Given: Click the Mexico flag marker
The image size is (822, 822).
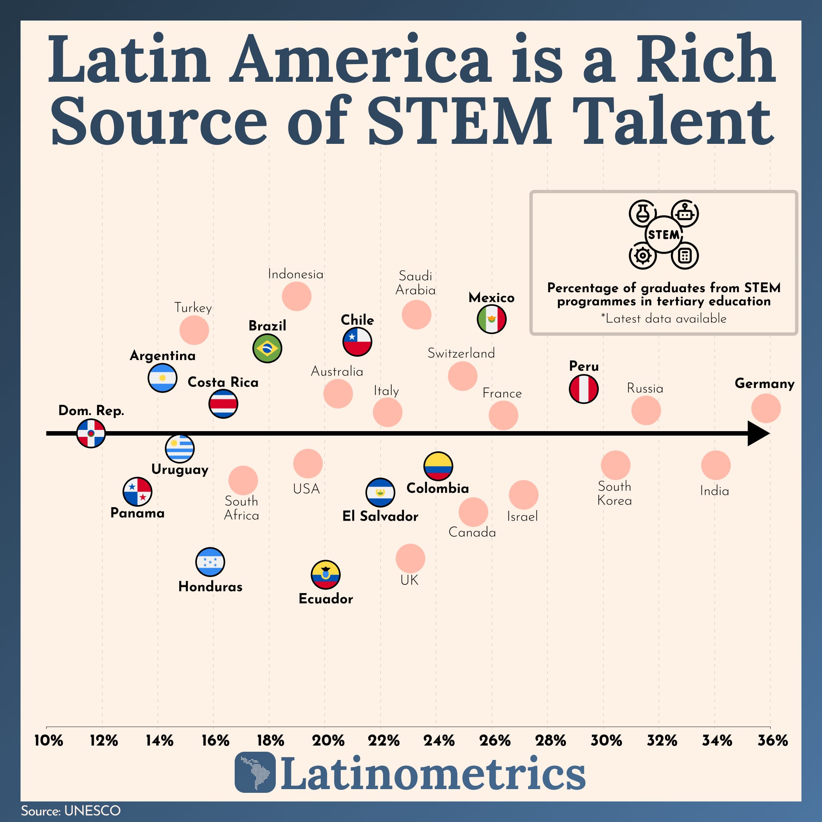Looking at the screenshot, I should [492, 319].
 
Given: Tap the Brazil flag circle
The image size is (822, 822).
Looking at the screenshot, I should [267, 349].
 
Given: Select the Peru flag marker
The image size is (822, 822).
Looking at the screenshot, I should [584, 388].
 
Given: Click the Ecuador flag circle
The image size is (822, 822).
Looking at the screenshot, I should [326, 575].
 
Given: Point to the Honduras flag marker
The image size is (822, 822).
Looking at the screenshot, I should [210, 561].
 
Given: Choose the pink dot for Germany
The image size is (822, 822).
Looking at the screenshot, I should [766, 409].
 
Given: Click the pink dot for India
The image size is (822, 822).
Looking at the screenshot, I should [716, 466].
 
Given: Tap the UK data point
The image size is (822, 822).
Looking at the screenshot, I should [410, 559].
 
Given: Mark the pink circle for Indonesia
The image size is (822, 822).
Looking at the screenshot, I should [297, 296].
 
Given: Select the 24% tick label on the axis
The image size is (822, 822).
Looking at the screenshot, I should [439, 741].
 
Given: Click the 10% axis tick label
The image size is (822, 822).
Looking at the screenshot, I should [48, 741].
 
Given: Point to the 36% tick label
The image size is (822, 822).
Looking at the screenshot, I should [773, 741].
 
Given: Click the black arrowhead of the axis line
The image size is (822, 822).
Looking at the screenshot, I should [758, 434].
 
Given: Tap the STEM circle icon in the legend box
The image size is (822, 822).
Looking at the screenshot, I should [663, 234].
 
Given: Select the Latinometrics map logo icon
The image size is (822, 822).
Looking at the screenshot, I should [255, 772].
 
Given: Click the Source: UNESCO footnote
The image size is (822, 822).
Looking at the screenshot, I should [71, 810].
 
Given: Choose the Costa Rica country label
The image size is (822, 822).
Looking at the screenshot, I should [223, 382].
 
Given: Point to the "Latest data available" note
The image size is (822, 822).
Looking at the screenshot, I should [664, 318].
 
